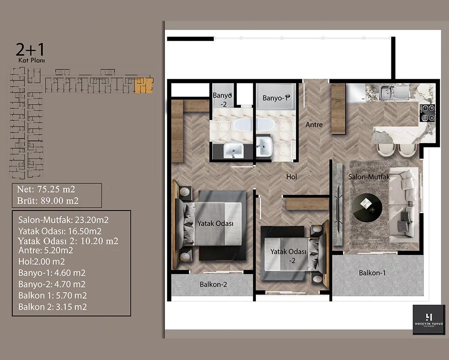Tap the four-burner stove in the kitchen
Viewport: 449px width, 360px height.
tap(427, 113)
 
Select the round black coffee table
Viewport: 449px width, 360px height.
tap(367, 208)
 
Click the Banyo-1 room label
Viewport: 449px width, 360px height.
tap(274, 98)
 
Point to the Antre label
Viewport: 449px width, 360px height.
tap(314, 125)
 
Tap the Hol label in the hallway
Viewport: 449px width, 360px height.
tap(291, 177)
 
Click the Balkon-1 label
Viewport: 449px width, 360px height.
tap(372, 273)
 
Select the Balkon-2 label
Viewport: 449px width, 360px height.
tap(213, 284)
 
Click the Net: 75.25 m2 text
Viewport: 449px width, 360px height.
tap(46, 189)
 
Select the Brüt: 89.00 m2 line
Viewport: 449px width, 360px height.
tap(47, 200)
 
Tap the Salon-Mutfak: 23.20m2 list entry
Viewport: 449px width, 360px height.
tap(63, 220)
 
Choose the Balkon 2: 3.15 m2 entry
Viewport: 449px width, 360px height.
tap(53, 307)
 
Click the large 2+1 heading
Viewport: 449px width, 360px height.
tap(30, 50)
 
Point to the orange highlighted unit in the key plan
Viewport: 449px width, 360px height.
tap(144, 86)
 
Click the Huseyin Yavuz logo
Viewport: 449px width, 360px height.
tap(429, 320)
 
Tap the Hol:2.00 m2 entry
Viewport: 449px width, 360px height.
tap(42, 261)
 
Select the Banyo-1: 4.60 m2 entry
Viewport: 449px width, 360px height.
tap(52, 273)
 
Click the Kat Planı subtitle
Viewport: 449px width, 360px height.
tap(31, 61)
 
